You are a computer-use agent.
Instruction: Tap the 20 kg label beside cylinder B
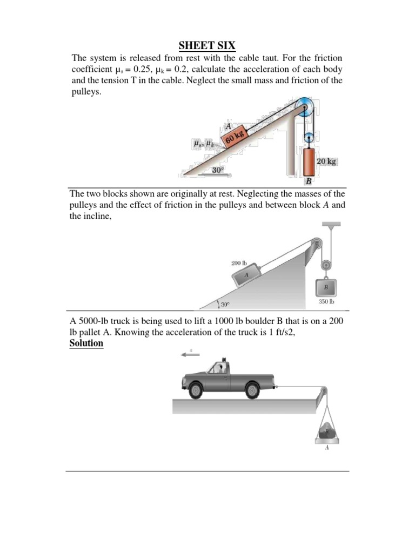click(327, 161)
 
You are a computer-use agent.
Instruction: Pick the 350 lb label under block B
click(327, 302)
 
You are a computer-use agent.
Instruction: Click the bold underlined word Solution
click(86, 343)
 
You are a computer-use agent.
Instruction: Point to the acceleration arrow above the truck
click(191, 354)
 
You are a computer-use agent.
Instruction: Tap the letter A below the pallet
click(326, 448)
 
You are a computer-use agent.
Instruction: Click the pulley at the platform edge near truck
click(323, 392)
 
